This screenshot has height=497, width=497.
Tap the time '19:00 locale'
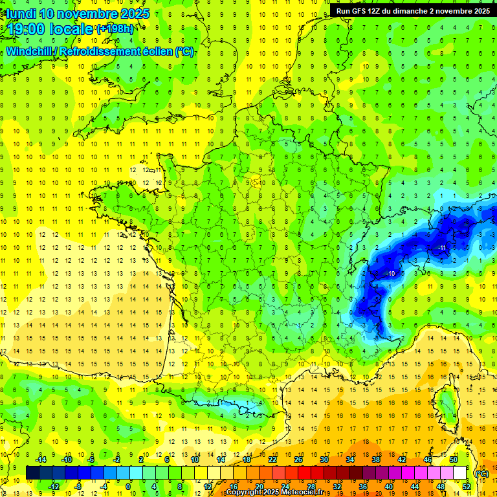point(49,29)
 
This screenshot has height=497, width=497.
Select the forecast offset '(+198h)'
point(116,29)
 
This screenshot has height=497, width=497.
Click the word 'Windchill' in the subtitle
point(30,51)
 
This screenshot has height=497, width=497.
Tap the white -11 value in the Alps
point(442,248)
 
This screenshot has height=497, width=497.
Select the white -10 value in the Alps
point(390,274)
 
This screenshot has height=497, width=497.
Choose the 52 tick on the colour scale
point(467,487)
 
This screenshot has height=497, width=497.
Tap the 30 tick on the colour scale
point(324,459)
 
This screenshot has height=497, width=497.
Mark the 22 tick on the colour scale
point(272,459)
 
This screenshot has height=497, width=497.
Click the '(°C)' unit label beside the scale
point(481,473)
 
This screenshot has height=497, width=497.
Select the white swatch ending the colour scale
point(460,472)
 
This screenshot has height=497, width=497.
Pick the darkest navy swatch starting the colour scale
point(33,472)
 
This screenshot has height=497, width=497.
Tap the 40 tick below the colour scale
point(389,487)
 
